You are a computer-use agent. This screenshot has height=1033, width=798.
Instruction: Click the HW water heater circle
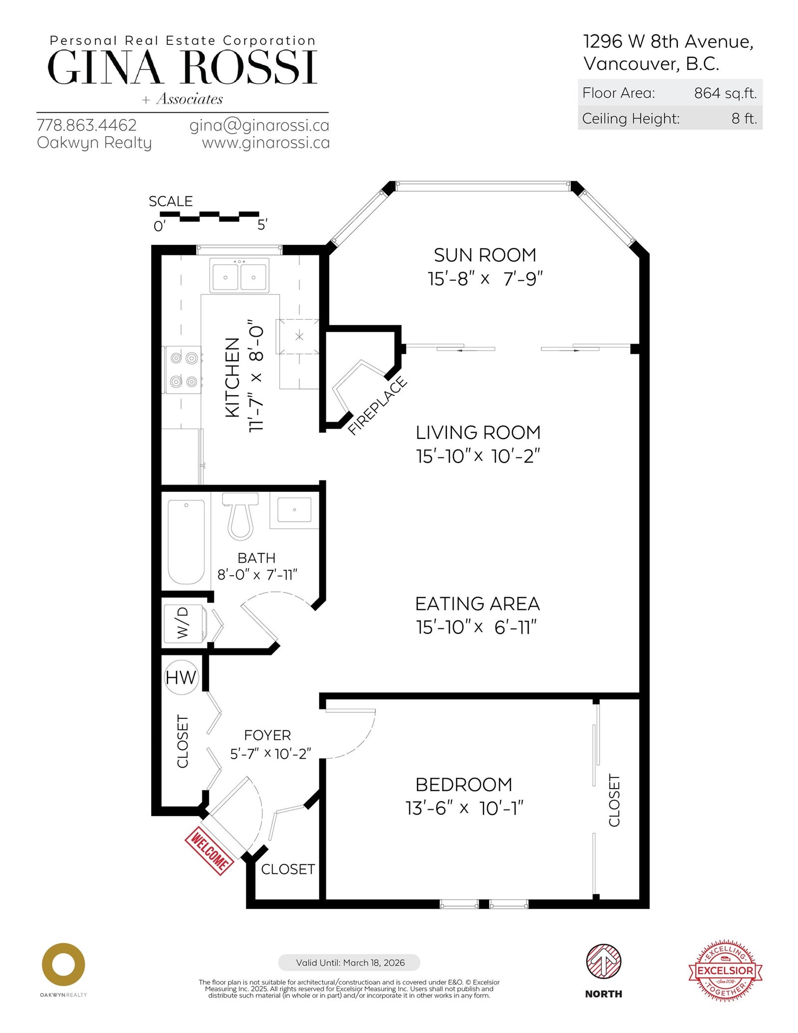coord(181,677)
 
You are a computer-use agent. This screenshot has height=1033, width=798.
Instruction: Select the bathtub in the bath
coord(186,541)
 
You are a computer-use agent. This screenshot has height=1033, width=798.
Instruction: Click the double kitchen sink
coord(239,275)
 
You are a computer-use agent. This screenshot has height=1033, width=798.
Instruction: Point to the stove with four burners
coord(183,370)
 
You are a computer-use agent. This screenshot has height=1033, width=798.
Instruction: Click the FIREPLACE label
coord(378,406)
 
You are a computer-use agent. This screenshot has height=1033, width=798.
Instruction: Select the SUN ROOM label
coord(485,255)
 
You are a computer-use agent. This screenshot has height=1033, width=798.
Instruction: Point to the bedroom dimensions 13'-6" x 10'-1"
coord(464,808)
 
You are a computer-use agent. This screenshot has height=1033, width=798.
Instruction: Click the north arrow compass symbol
coord(603,962)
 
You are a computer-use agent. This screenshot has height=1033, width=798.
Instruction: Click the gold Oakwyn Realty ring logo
coord(63,965)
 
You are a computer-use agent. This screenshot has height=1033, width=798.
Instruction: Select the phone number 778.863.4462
coord(87,125)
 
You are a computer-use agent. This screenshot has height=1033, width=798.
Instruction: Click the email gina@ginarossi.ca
coord(259,125)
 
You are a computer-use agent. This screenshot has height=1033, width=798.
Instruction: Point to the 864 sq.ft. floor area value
coord(725,93)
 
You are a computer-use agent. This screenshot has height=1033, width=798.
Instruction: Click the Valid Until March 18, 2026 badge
coord(349,963)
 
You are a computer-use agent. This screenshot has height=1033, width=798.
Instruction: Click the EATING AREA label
coord(477,604)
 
